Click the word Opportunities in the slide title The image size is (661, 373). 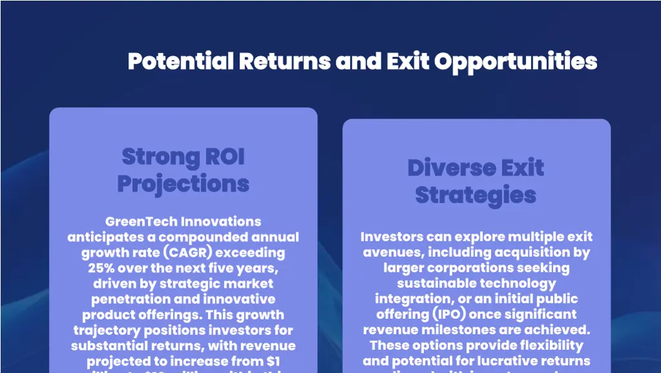pos(515,61)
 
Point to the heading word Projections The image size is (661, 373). pos(183,184)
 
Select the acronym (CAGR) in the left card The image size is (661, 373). pos(191,252)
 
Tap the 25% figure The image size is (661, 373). pos(101,268)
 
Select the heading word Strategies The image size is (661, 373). pos(476,196)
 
